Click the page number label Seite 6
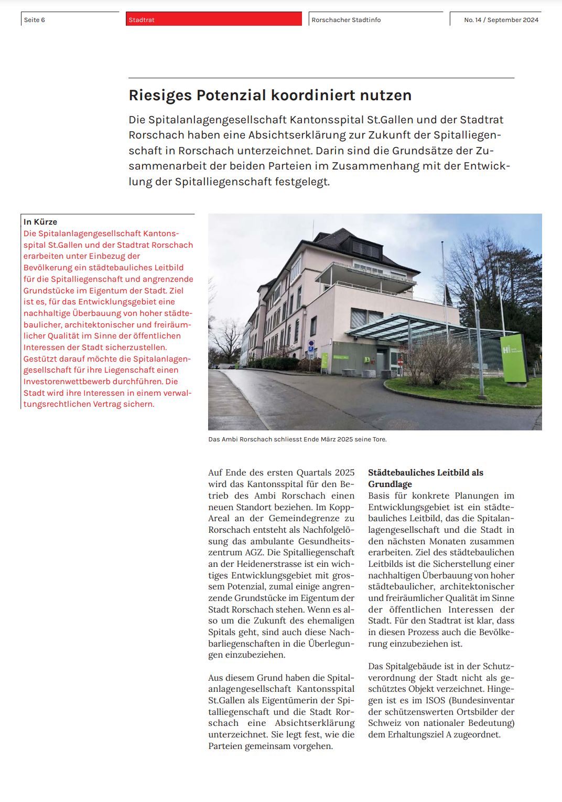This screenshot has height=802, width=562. [35, 20]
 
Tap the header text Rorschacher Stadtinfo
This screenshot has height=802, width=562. [346, 20]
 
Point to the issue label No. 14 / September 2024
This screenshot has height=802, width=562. [501, 20]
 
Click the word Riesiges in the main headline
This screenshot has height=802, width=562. [160, 96]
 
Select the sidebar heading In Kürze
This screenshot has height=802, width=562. [40, 222]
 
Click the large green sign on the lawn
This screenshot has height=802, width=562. [513, 358]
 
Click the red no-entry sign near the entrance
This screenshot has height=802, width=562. [401, 362]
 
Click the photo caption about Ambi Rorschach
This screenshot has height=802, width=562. [297, 439]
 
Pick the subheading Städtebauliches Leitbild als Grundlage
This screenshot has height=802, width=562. [425, 478]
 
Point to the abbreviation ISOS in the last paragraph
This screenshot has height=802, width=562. [436, 701]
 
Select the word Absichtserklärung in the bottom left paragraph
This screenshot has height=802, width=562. [315, 723]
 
